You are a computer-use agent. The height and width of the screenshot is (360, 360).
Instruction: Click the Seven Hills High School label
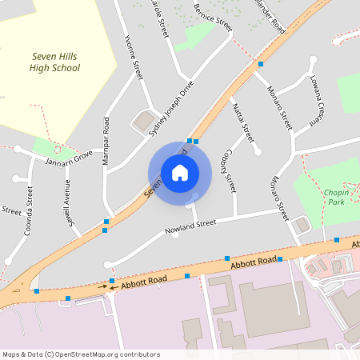[55, 62]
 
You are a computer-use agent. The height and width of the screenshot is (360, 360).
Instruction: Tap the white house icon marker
[179, 172]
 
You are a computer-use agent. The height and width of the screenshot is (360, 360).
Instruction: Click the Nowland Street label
[190, 226]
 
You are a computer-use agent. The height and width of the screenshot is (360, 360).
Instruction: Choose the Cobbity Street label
[230, 170]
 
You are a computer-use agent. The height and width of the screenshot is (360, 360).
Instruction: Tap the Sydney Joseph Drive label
[170, 109]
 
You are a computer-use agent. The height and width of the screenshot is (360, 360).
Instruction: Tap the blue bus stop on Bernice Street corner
[261, 63]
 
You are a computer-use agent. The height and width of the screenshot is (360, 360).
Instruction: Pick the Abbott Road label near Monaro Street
[254, 262]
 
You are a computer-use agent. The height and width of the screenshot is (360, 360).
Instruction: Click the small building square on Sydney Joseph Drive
[145, 122]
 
